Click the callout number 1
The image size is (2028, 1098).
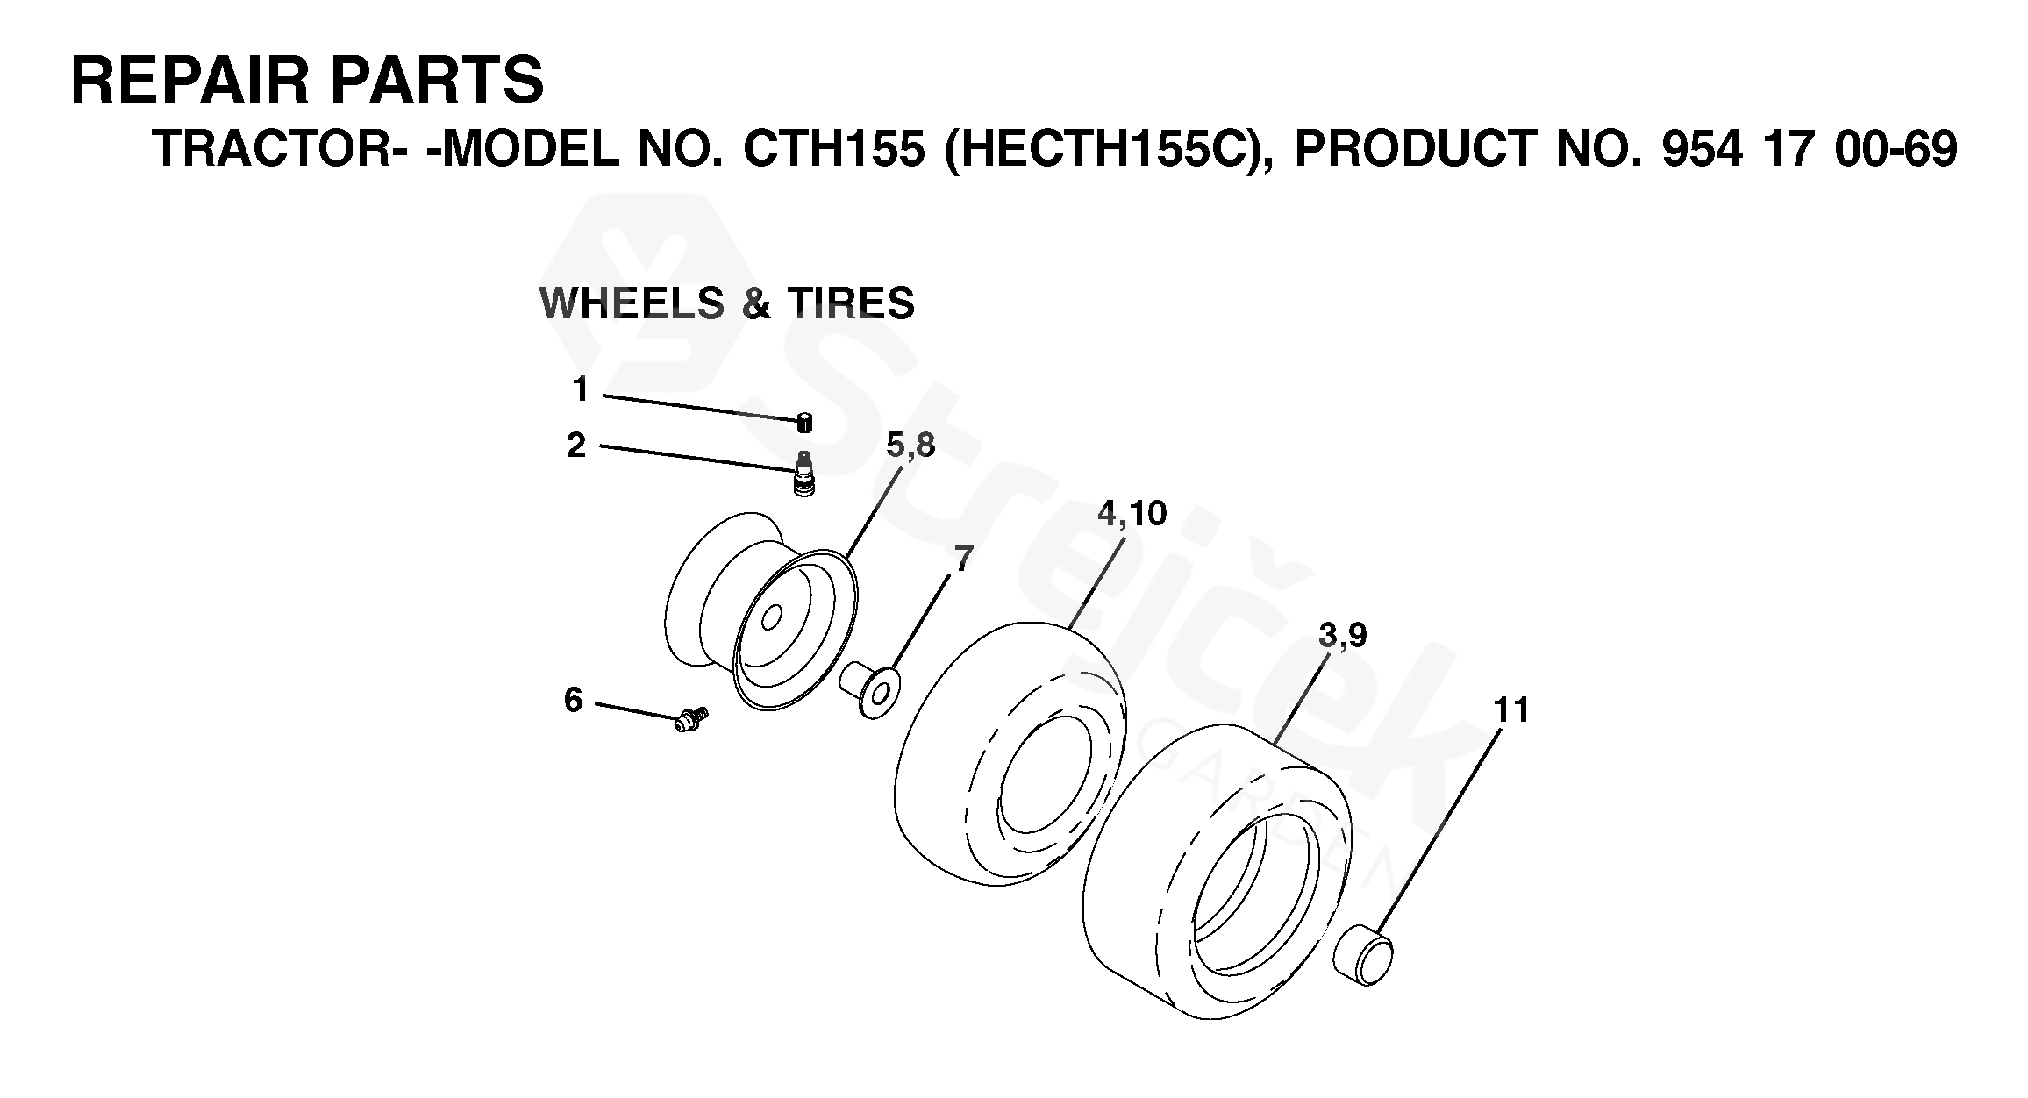tap(580, 389)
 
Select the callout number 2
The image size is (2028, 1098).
tap(575, 446)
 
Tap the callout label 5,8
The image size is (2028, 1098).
tap(910, 446)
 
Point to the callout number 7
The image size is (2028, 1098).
tap(963, 559)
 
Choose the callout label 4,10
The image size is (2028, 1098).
tap(1132, 513)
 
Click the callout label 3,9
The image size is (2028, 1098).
tap(1342, 635)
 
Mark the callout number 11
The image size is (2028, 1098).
tap(1511, 709)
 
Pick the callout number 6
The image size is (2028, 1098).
tap(573, 700)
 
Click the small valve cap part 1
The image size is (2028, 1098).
tap(803, 422)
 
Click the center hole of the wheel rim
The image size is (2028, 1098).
tap(771, 619)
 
